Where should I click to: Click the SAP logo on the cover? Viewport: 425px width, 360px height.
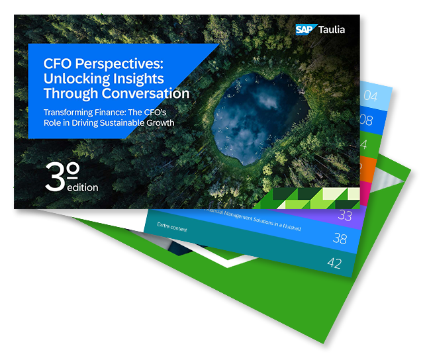[x=305, y=29]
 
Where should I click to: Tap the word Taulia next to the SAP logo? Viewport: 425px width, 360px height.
[x=331, y=29]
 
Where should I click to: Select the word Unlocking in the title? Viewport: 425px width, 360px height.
[x=74, y=79]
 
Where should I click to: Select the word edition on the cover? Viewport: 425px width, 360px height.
[x=82, y=187]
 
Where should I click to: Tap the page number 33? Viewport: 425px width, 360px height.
[x=345, y=216]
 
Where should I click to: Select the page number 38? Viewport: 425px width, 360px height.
[x=341, y=240]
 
